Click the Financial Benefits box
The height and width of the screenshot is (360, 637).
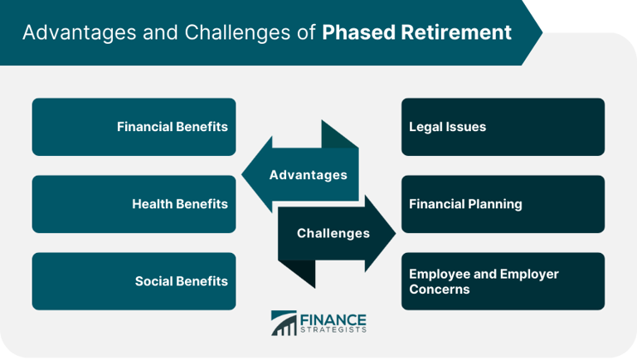[x=134, y=127]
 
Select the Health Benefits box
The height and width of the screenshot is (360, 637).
[x=134, y=204]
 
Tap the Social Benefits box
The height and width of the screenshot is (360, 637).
[x=134, y=281]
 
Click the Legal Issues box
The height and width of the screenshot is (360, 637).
[x=503, y=127]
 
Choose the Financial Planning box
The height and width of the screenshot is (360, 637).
[x=503, y=204]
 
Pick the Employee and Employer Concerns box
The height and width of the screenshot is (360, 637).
[x=503, y=281]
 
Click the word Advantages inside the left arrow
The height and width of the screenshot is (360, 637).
[x=308, y=175]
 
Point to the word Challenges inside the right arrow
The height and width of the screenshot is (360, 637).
[x=333, y=233]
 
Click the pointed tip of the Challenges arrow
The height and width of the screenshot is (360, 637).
[x=396, y=233]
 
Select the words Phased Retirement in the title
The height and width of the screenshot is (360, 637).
[x=417, y=32]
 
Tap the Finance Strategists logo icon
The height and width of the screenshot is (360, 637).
[x=284, y=324]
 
